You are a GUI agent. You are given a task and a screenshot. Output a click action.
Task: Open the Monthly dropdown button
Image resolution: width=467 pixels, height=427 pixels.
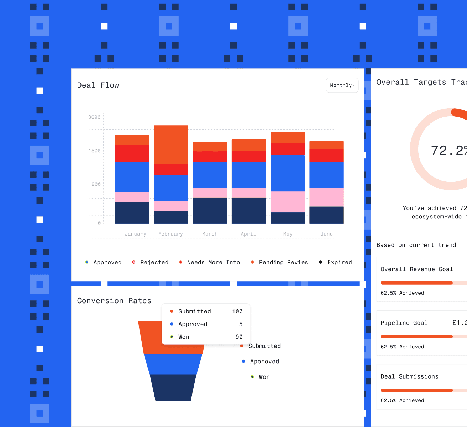click(x=342, y=85)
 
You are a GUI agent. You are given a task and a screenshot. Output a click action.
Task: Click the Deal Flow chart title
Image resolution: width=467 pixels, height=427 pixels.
click(x=98, y=85)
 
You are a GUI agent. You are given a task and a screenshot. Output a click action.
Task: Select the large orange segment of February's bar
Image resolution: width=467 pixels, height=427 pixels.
click(x=171, y=145)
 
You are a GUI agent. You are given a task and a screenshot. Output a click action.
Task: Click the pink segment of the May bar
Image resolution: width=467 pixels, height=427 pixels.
click(x=288, y=202)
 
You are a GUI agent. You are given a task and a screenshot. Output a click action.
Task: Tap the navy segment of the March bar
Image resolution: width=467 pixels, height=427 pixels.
click(x=210, y=211)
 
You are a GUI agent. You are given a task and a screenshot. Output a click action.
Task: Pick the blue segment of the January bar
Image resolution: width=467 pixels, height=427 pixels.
click(x=132, y=177)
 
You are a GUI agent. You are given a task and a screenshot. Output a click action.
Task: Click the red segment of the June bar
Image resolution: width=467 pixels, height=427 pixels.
click(x=326, y=155)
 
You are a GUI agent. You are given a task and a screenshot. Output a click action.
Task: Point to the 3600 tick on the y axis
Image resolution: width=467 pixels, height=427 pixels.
click(x=94, y=117)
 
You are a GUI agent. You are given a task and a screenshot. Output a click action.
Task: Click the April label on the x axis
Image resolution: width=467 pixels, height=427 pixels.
click(x=248, y=234)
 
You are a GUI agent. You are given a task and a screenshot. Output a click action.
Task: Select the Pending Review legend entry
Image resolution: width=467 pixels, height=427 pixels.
click(x=283, y=262)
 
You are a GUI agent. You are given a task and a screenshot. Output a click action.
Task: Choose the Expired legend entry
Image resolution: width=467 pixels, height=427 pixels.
click(x=339, y=262)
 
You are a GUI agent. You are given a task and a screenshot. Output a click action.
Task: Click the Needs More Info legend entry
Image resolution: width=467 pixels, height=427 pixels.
click(x=213, y=262)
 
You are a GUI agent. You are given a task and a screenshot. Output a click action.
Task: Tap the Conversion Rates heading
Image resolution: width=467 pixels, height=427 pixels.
click(x=114, y=301)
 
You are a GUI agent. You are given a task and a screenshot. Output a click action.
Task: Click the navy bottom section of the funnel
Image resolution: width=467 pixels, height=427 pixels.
click(x=173, y=388)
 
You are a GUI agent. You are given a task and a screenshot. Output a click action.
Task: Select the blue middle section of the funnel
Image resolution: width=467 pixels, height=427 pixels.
click(x=173, y=364)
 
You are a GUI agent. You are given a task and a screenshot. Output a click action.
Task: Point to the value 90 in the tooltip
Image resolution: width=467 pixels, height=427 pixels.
click(x=239, y=337)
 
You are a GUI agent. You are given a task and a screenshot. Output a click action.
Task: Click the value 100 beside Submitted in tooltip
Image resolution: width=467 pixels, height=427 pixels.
click(x=237, y=311)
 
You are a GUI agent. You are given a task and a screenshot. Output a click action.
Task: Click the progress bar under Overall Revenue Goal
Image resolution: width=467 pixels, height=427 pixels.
click(x=416, y=283)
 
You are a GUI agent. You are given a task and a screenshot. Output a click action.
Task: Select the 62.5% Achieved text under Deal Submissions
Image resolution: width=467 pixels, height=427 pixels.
click(x=402, y=400)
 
